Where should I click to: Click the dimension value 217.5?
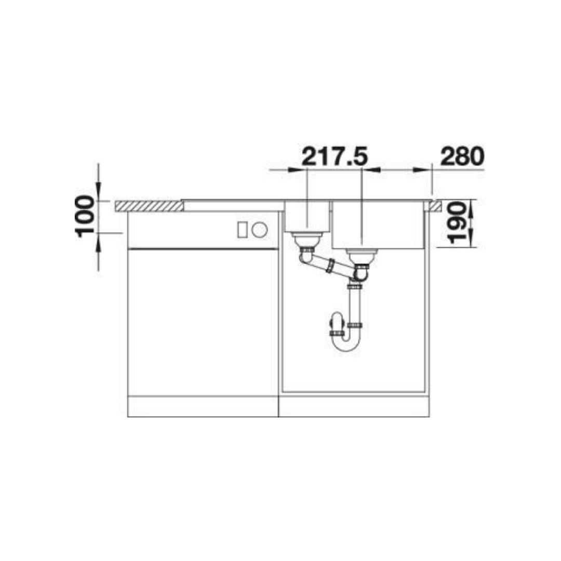click(335, 157)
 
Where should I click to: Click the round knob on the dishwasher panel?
click(259, 229)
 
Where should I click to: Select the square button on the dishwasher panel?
click(242, 230)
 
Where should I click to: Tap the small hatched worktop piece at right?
click(433, 206)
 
